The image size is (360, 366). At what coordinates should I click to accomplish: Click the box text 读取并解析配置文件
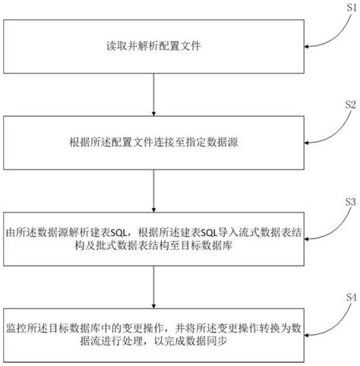[154, 46]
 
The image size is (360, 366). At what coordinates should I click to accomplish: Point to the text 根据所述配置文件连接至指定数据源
[154, 141]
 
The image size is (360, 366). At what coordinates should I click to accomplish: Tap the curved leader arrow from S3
[327, 222]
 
